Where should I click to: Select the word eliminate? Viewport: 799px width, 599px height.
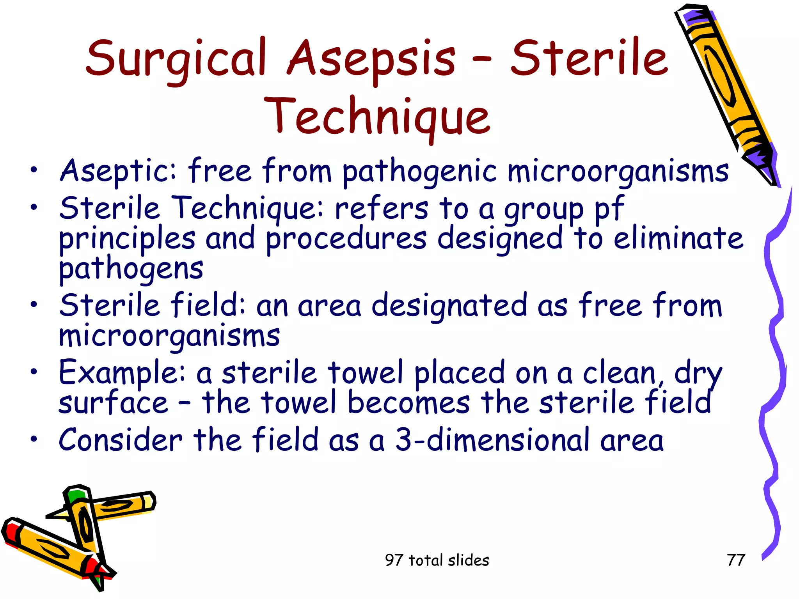pos(678,239)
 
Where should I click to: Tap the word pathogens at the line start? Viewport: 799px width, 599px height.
pos(131,269)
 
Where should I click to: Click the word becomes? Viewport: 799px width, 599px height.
pos(409,402)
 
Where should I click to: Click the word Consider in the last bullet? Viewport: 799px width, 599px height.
pos(121,440)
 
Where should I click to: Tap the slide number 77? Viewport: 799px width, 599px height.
pos(736,560)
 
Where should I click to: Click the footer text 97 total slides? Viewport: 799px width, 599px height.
pos(437,560)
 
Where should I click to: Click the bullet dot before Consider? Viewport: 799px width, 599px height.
pos(34,439)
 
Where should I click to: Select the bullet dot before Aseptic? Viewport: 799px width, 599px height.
pos(34,169)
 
